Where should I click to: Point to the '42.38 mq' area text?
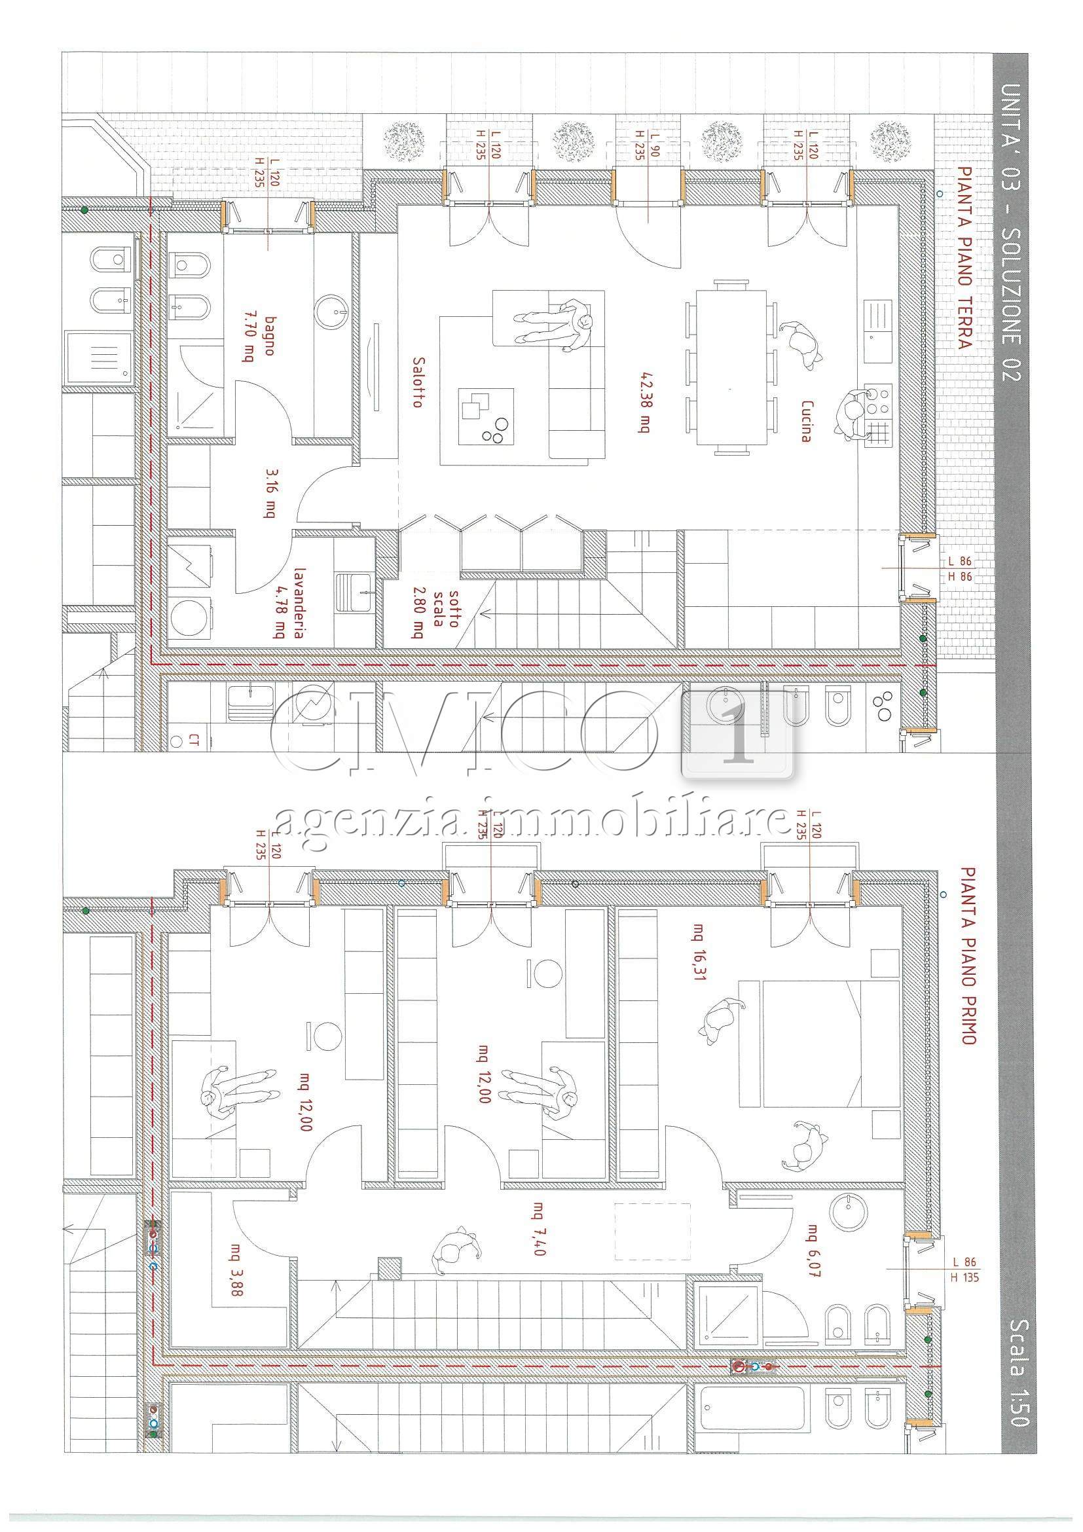[644, 403]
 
